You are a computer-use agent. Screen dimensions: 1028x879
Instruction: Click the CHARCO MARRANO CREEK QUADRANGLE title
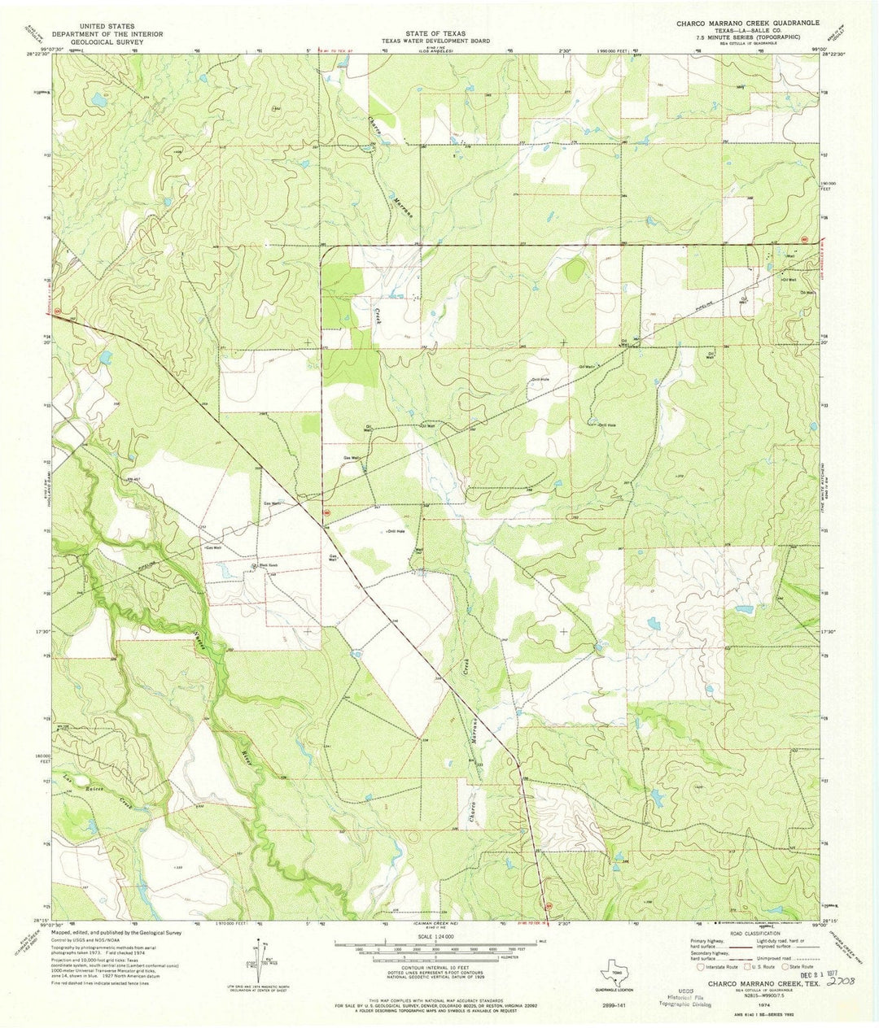click(748, 24)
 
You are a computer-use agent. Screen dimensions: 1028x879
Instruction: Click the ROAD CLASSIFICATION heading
click(757, 934)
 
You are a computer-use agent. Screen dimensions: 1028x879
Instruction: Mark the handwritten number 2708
click(841, 982)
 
